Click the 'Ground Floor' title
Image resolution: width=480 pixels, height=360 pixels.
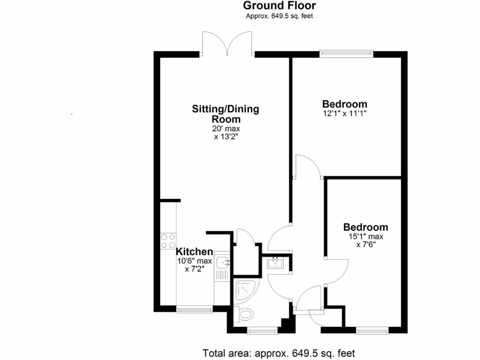click(279, 6)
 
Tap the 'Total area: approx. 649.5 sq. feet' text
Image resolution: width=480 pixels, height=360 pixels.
click(279, 352)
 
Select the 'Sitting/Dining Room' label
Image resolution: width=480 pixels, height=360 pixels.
click(225, 114)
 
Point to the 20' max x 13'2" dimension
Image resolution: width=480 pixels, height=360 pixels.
click(225, 133)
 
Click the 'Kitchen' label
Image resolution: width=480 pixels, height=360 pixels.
click(194, 252)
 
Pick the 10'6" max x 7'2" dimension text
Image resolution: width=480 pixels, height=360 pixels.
click(195, 265)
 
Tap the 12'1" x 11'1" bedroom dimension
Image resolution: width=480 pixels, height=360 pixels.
click(345, 113)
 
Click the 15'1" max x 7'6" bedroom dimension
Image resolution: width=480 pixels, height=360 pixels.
click(366, 240)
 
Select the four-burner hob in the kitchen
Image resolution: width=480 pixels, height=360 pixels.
click(168, 240)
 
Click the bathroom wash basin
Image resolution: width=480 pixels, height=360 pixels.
click(275, 262)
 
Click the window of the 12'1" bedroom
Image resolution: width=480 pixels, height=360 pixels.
click(346, 54)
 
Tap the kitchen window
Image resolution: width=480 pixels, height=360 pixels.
click(194, 309)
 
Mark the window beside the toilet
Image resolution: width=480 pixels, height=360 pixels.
click(262, 331)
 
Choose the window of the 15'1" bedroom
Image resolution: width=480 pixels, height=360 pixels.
click(372, 331)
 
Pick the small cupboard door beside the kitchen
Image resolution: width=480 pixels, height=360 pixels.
click(244, 237)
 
